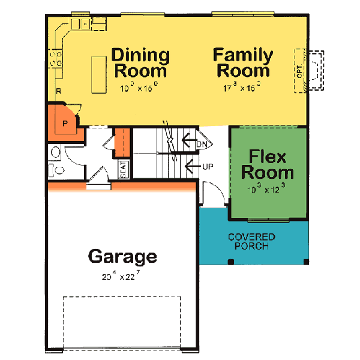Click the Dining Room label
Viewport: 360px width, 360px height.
click(x=140, y=62)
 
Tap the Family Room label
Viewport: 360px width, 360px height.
click(x=243, y=62)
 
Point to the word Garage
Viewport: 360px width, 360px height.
click(x=122, y=257)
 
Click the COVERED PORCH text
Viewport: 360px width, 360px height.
click(x=251, y=242)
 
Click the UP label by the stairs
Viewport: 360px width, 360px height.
click(x=208, y=166)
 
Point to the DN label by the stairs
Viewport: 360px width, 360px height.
click(x=202, y=144)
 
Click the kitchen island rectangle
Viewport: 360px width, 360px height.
click(x=98, y=74)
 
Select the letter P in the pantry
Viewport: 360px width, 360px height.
click(x=65, y=125)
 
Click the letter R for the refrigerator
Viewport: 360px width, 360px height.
click(x=58, y=91)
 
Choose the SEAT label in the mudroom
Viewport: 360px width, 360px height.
click(x=122, y=169)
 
